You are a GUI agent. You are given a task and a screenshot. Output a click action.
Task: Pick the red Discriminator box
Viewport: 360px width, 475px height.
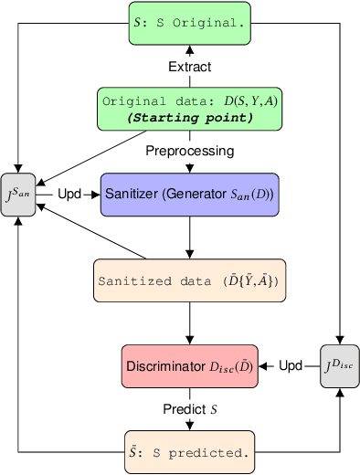[x=189, y=366]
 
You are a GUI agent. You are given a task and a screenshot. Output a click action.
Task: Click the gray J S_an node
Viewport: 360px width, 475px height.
[x=18, y=194]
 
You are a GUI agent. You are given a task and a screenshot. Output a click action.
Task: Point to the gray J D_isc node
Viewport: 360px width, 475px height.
[x=338, y=366]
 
